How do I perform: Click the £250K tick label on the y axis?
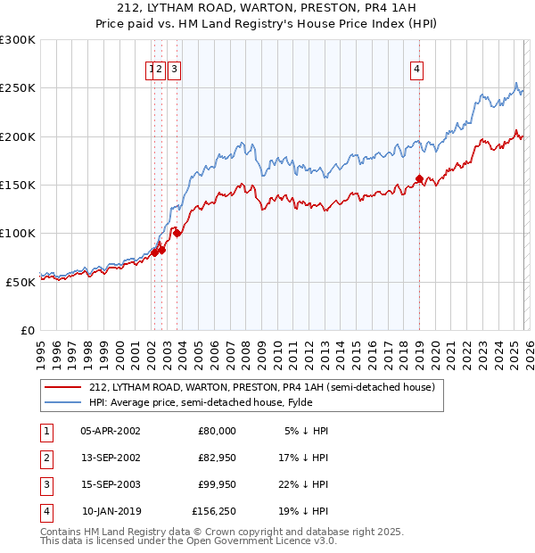(x=18, y=88)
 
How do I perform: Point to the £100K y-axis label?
(x=18, y=234)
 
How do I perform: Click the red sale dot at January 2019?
(x=419, y=179)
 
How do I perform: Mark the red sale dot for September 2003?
(x=177, y=234)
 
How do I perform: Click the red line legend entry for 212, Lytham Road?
(x=261, y=387)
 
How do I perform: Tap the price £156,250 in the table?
(x=214, y=511)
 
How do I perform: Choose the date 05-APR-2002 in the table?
(x=111, y=431)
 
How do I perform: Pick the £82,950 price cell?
(x=217, y=458)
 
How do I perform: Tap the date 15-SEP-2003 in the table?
(x=111, y=484)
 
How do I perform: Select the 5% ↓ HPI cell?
(x=306, y=431)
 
